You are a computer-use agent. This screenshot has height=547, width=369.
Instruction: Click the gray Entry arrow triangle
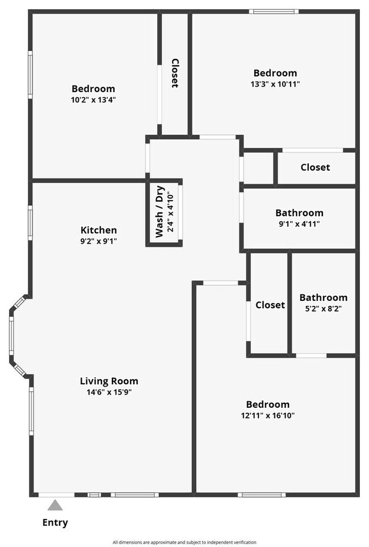(55, 505)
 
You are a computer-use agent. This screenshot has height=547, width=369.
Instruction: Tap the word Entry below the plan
(55, 523)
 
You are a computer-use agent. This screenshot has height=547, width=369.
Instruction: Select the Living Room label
(109, 381)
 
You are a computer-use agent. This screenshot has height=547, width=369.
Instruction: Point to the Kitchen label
(99, 230)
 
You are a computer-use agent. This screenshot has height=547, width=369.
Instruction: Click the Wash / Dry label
(160, 212)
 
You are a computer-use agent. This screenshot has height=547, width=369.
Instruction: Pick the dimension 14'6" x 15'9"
(109, 392)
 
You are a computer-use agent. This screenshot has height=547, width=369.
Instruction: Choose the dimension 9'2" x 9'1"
(99, 241)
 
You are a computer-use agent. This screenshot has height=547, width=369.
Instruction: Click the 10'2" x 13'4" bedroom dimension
(93, 100)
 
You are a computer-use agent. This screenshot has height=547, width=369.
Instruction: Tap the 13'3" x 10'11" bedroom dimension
(275, 84)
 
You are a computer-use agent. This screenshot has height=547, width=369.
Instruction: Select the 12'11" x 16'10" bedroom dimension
(268, 415)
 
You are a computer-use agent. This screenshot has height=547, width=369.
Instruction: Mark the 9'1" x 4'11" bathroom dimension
(299, 223)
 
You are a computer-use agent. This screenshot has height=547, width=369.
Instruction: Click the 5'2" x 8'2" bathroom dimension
(324, 308)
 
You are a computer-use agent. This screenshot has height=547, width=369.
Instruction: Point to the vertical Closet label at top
(175, 73)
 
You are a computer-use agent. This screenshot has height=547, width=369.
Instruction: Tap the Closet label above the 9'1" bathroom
(315, 167)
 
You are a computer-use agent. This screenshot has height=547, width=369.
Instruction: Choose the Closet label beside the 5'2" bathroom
(270, 305)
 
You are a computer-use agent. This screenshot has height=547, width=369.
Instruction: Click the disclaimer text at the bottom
(184, 542)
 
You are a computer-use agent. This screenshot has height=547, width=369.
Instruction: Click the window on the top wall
(275, 11)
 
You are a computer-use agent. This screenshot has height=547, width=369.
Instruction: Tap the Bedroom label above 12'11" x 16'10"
(268, 404)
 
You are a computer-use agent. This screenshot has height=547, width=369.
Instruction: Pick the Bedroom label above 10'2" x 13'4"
(93, 89)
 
